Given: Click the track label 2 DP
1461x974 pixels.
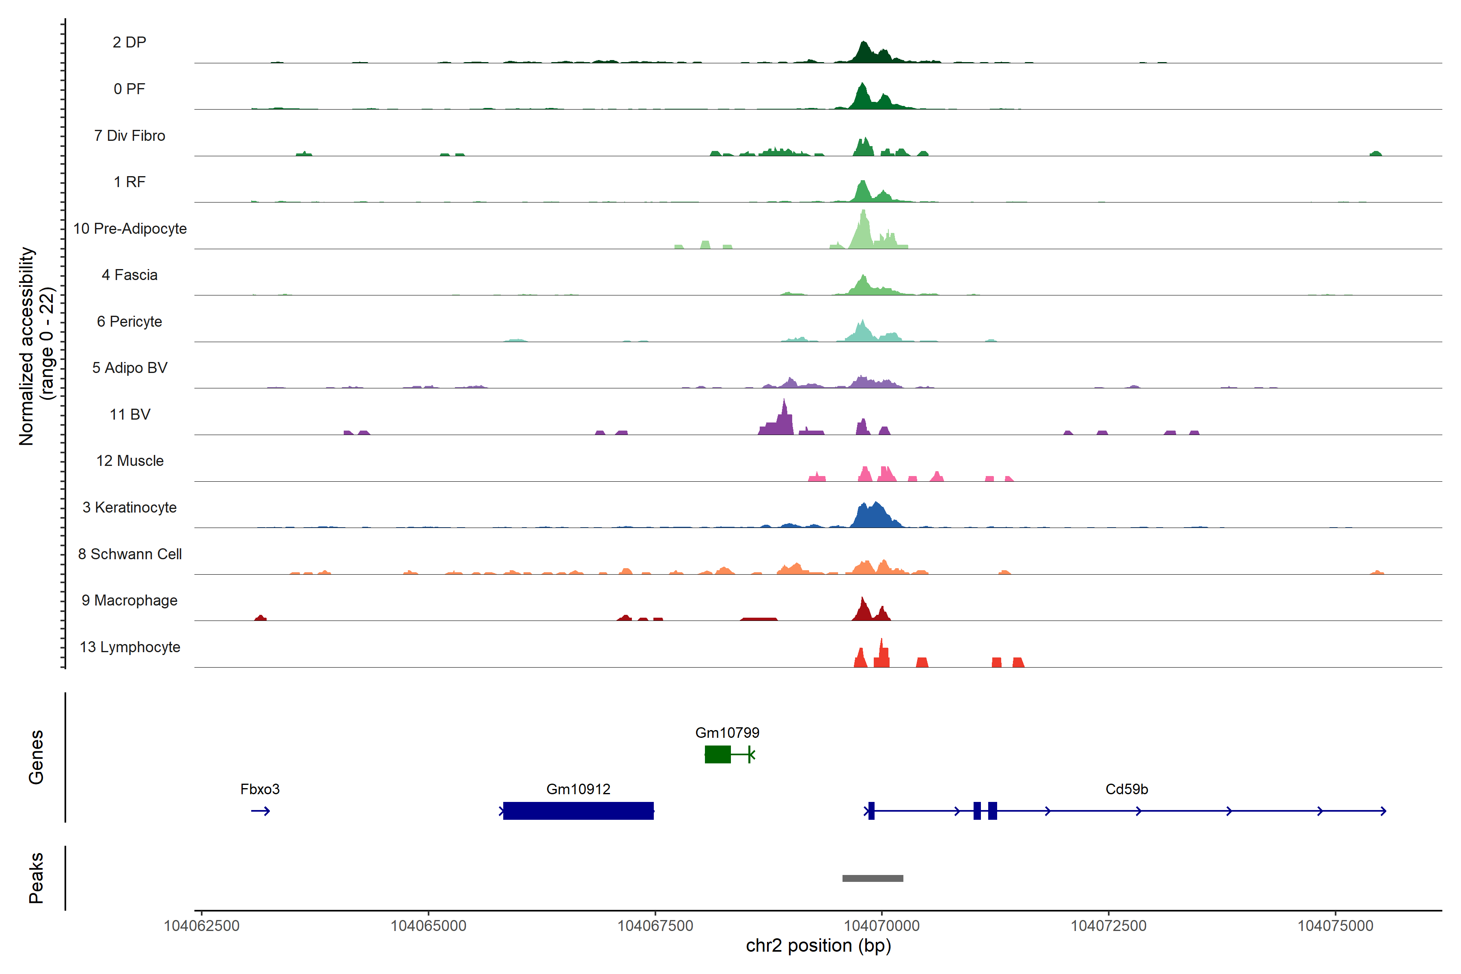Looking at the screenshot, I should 129,42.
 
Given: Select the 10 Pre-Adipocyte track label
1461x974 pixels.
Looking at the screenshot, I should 130,228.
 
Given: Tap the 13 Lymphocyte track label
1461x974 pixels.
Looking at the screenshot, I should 130,647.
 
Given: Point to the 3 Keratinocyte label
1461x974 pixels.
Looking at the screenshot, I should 130,508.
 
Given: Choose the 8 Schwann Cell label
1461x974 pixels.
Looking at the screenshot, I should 130,554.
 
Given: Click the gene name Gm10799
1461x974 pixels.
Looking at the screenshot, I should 727,733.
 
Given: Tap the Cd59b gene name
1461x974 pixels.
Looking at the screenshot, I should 1126,789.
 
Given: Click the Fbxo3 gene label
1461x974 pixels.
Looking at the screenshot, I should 260,789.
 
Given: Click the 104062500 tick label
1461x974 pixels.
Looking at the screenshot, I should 201,926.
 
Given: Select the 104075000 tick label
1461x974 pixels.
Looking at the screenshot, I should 1335,926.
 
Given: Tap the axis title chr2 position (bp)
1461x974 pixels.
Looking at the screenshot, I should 818,946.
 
